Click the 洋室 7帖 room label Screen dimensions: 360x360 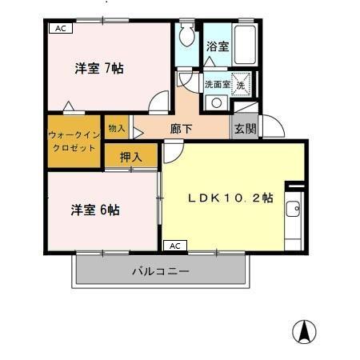click(99, 68)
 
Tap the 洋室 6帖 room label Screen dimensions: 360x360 click(95, 210)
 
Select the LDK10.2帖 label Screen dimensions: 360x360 click(230, 198)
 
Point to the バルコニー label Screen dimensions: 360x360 click(160, 271)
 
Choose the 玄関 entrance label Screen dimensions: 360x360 click(245, 127)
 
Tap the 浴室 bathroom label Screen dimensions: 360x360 click(218, 46)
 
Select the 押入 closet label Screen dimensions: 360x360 click(131, 158)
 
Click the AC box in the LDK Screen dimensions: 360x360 click(176, 245)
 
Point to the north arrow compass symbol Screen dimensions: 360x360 click(304, 330)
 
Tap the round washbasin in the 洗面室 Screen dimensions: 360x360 click(216, 102)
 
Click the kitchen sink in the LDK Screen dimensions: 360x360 click(294, 210)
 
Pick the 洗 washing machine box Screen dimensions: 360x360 click(241, 82)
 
